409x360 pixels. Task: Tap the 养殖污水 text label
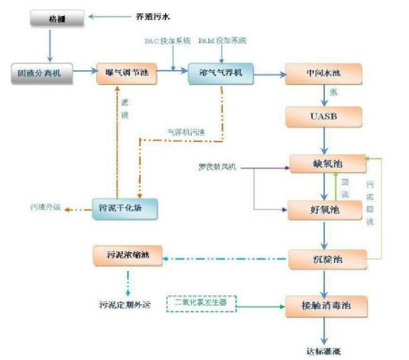153,17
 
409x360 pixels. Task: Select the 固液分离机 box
42,73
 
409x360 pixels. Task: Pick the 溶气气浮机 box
221,74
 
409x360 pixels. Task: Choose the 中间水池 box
324,74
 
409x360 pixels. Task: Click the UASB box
324,117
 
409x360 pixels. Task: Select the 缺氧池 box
327,164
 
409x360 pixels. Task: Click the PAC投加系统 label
168,41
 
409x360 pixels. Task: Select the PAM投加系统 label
222,41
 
